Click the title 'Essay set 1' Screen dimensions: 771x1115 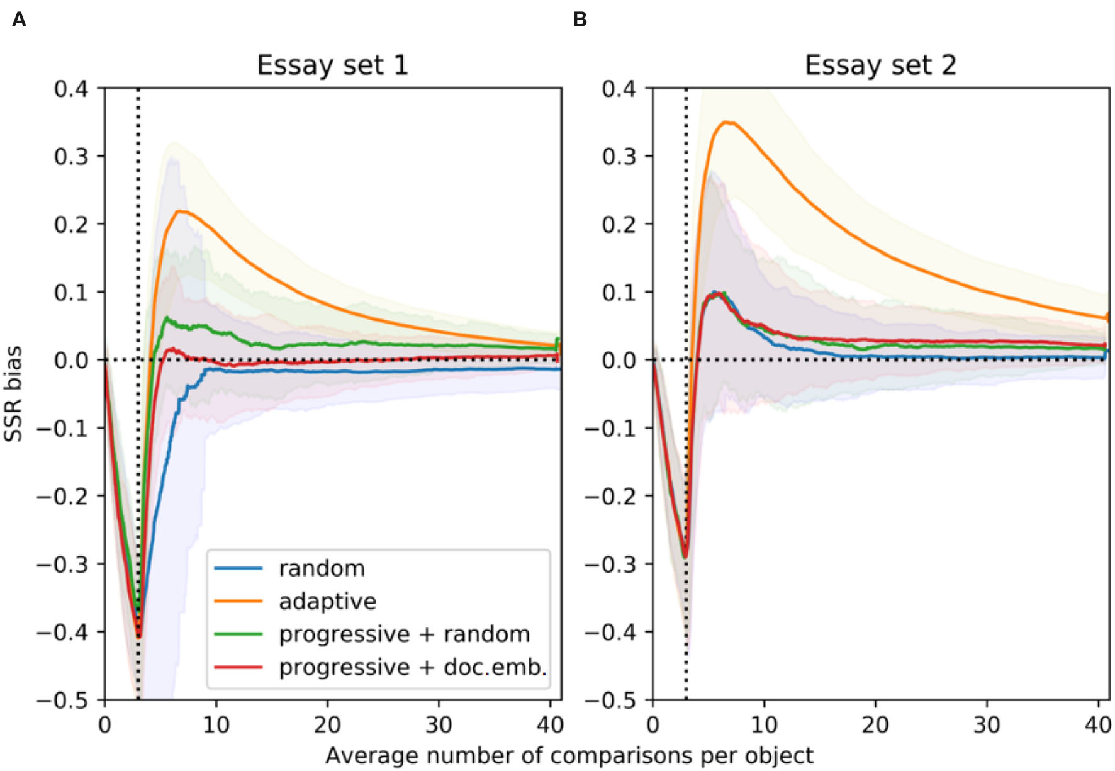click(x=332, y=65)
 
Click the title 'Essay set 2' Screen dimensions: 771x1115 click(x=880, y=65)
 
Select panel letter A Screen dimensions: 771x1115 click(x=19, y=20)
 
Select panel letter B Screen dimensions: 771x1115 click(x=580, y=20)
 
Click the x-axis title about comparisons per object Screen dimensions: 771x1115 click(x=569, y=755)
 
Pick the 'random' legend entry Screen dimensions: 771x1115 click(x=322, y=568)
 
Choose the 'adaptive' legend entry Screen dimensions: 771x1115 click(x=327, y=601)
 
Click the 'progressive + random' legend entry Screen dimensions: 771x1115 click(x=404, y=634)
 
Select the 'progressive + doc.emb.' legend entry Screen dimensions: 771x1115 click(x=413, y=667)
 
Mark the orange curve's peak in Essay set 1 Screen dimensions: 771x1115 click(x=182, y=211)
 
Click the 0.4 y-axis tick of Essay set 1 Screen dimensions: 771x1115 click(x=70, y=89)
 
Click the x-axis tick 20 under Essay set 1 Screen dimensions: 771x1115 click(x=327, y=725)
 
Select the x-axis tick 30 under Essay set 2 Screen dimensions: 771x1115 click(x=987, y=725)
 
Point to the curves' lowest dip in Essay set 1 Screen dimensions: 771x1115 click(x=140, y=636)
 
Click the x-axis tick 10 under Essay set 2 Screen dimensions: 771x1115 click(x=764, y=725)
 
